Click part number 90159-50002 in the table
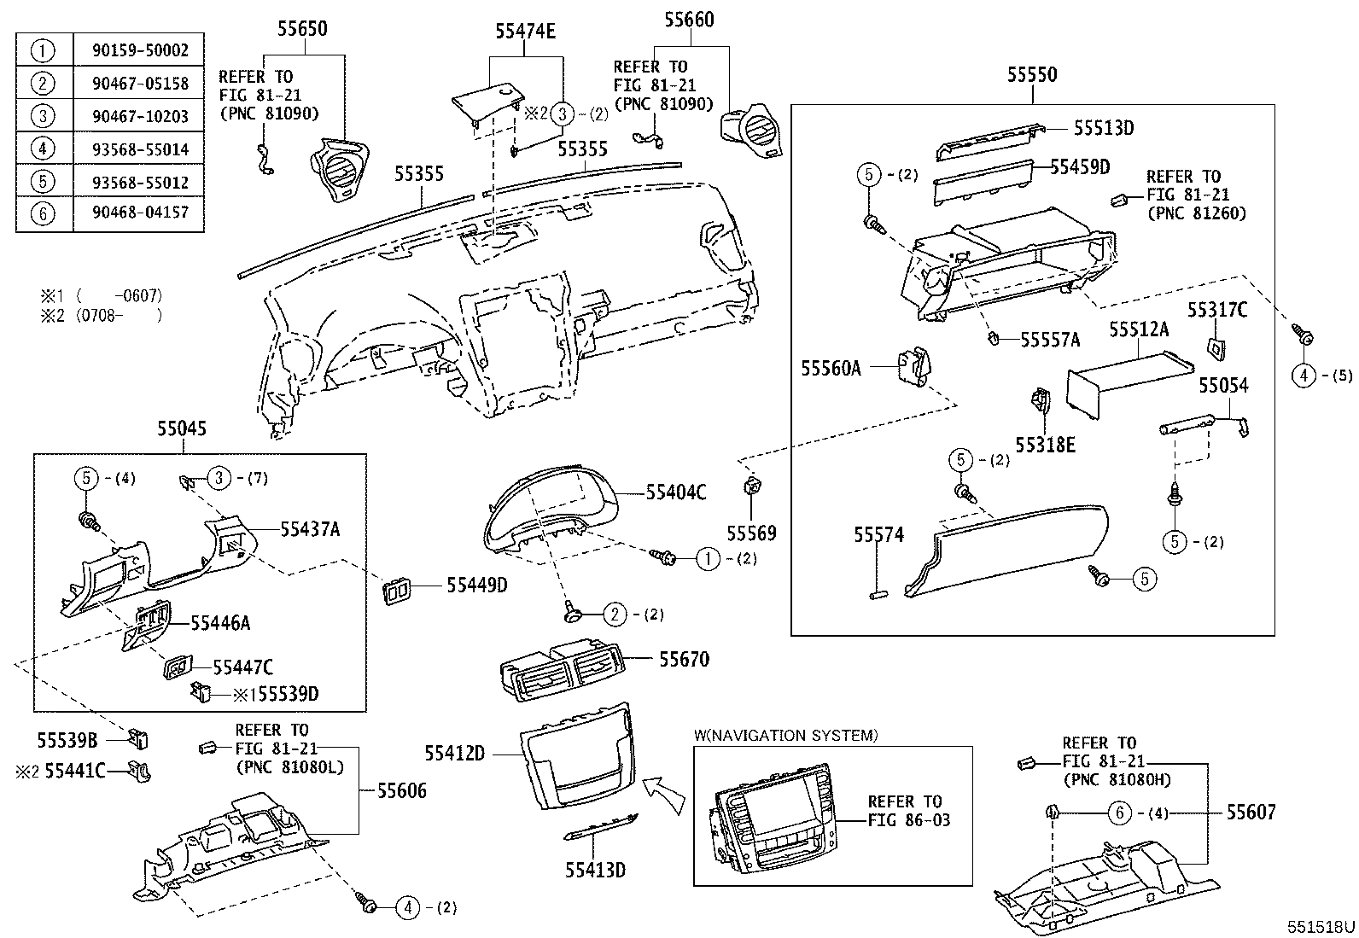click(x=140, y=50)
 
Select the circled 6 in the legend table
click(x=43, y=213)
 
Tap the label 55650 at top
click(x=302, y=30)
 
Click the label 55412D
click(x=455, y=754)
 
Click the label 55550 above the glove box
click(x=1031, y=75)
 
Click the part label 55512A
click(x=1139, y=329)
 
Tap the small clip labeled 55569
click(x=752, y=488)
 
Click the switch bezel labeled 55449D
click(x=395, y=590)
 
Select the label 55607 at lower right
click(x=1251, y=813)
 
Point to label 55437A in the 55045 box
click(x=310, y=530)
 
